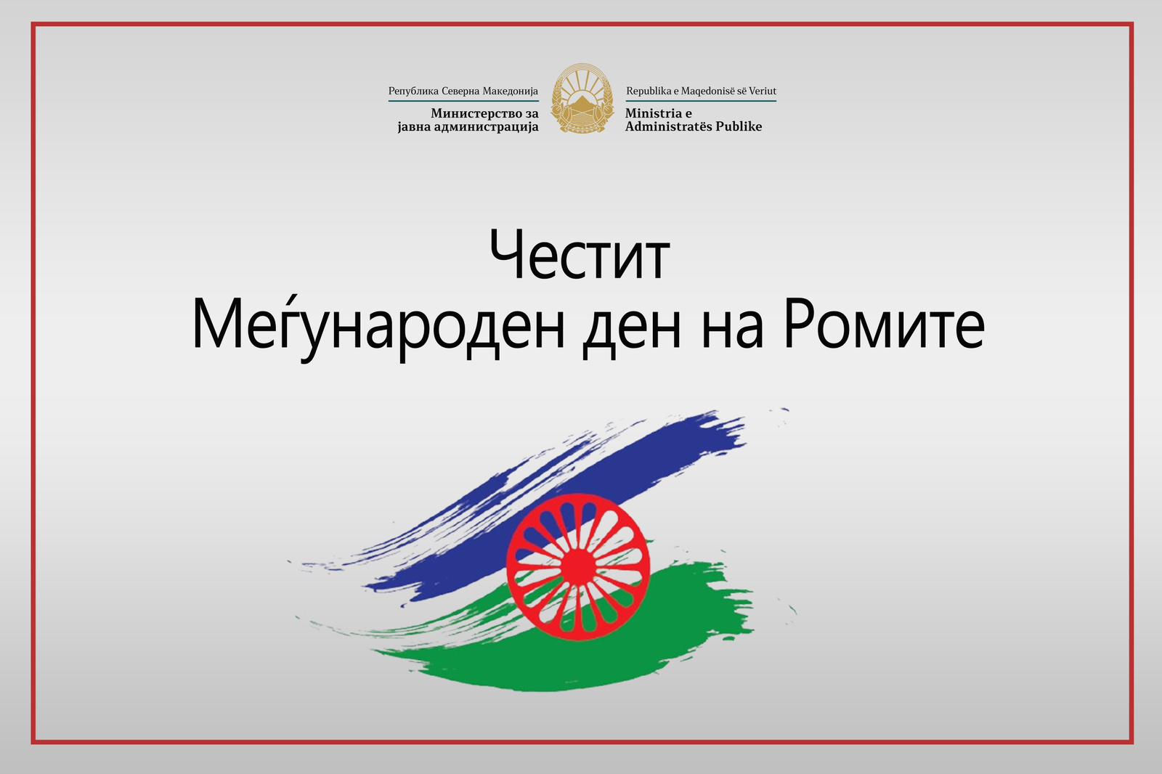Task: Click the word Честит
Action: [580, 255]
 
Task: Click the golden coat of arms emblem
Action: [582, 98]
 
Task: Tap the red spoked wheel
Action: [578, 567]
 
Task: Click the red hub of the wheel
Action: [577, 568]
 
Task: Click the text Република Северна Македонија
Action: [463, 91]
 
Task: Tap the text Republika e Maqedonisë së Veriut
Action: [701, 91]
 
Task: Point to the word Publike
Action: [739, 126]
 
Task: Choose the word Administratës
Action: [668, 126]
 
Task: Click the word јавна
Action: [410, 127]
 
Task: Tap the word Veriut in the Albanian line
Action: [762, 91]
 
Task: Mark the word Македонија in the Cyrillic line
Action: [511, 91]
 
